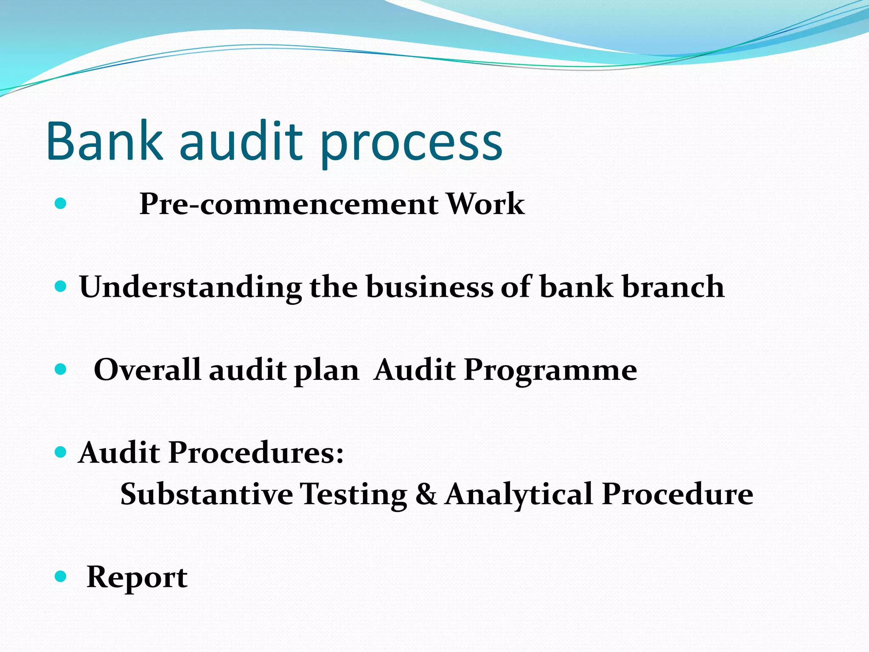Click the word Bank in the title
(104, 141)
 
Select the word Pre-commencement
(289, 204)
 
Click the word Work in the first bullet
(485, 204)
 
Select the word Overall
(147, 369)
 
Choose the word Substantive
(206, 494)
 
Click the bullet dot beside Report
(61, 576)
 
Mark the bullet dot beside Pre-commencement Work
(61, 203)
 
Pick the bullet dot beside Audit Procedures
(61, 452)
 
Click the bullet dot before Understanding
(61, 287)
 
